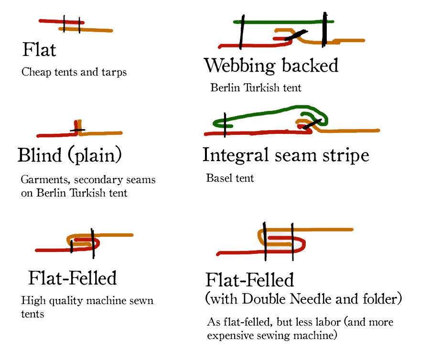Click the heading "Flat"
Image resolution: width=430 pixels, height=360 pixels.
[x=39, y=50]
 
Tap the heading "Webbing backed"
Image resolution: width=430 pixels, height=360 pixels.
[x=271, y=65]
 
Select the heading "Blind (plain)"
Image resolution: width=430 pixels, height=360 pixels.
[x=70, y=155]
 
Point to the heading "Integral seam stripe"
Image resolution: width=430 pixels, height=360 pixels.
[x=285, y=155]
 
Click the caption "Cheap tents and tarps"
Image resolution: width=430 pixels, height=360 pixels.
[x=74, y=73]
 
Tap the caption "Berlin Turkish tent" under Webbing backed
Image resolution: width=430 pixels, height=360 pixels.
[x=256, y=88]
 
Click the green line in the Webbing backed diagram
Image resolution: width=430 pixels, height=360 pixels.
[x=282, y=22]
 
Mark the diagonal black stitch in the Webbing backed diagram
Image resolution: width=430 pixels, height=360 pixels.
[x=295, y=34]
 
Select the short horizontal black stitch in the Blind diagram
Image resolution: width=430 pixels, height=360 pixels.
[x=77, y=130]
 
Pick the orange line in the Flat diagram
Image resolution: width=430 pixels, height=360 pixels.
[x=96, y=30]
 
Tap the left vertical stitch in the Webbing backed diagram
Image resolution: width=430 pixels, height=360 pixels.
[x=241, y=31]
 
